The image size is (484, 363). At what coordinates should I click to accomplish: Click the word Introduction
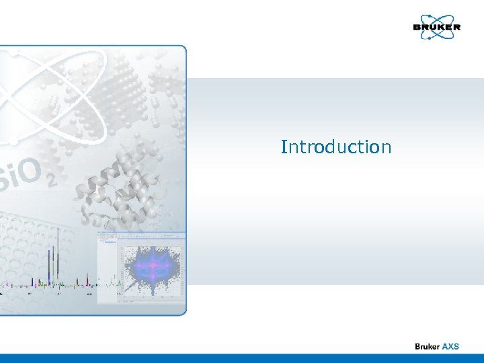point(335,147)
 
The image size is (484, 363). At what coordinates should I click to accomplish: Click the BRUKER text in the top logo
point(436,28)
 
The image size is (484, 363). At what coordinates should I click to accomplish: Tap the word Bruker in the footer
point(427,346)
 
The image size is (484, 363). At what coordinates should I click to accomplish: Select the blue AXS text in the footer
point(450,346)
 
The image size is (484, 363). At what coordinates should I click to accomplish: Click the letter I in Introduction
point(284,147)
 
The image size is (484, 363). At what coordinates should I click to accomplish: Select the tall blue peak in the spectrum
point(52,266)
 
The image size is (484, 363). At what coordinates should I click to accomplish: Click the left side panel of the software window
point(106,269)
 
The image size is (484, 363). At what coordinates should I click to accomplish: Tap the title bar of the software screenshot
point(141,235)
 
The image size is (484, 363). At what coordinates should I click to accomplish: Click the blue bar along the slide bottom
point(242,358)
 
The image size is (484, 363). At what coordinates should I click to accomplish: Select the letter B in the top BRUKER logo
point(417,28)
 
